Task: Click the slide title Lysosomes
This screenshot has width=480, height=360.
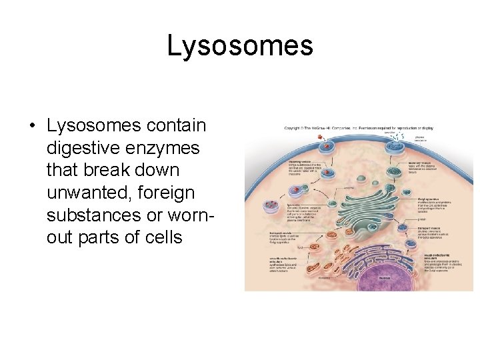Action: click(239, 46)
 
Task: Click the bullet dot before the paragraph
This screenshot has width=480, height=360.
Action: click(31, 126)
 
